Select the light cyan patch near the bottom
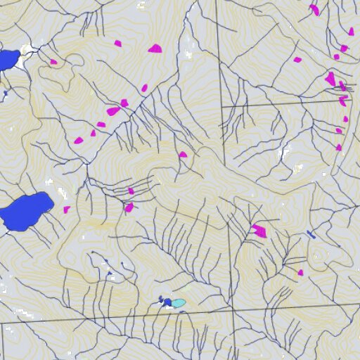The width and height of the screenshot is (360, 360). pos(179,303)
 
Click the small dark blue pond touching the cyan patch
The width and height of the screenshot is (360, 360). pos(167,302)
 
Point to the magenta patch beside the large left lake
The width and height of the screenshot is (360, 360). pos(67,210)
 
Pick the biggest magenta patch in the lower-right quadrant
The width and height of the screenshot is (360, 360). pos(259,231)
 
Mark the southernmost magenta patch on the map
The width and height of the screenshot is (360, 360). pos(300,273)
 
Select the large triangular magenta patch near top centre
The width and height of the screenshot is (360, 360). pos(155,49)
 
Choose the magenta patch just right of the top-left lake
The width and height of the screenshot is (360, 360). pos(53,62)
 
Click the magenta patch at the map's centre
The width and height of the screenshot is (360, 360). pos(183,155)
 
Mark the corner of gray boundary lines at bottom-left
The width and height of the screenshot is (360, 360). pos(2,324)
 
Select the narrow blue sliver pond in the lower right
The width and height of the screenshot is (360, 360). pos(311,234)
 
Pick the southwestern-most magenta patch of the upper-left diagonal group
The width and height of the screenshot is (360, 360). pos(78,140)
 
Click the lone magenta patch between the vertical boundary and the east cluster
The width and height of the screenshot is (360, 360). pos(297,60)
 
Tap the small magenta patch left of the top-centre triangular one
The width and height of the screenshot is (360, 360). pos(118,44)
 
